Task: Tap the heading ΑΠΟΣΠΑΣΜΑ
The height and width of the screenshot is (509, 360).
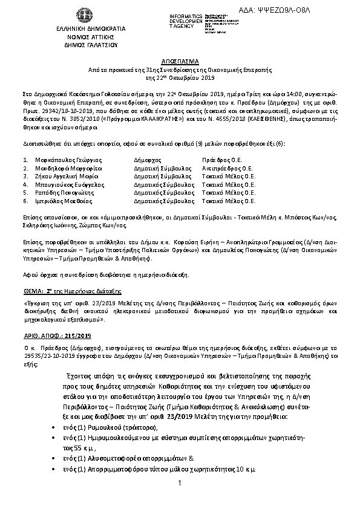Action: [x=180, y=62]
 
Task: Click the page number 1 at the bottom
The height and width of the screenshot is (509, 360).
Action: [x=180, y=483]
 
